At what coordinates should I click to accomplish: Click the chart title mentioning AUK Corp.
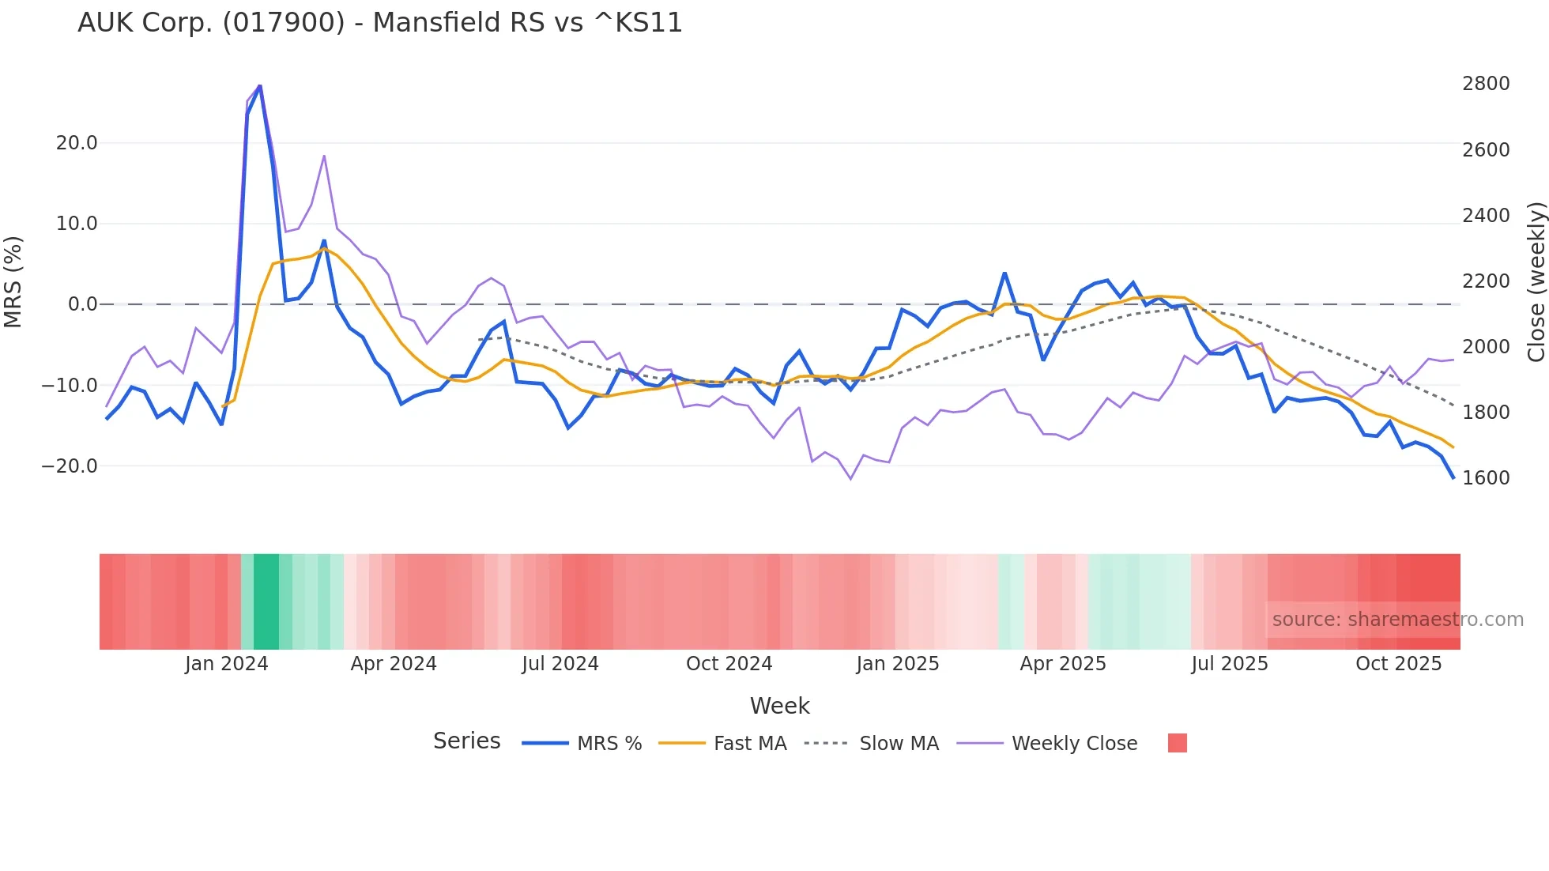click(379, 23)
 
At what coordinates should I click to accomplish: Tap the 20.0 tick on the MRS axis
click(77, 143)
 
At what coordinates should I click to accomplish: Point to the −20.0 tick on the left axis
click(70, 466)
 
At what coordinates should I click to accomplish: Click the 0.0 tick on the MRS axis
click(83, 304)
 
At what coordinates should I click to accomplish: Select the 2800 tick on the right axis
click(1486, 84)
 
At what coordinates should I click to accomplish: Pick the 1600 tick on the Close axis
click(1486, 478)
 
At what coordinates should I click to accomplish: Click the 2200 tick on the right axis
click(1486, 281)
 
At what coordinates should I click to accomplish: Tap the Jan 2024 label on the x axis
click(227, 664)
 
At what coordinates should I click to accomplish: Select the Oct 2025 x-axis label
click(1399, 664)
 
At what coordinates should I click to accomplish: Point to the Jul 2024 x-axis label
click(560, 664)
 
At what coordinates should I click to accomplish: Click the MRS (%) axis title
click(13, 281)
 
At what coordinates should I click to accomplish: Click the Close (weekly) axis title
click(1536, 281)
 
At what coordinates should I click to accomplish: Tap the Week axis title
click(779, 706)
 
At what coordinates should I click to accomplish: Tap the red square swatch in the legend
click(1177, 743)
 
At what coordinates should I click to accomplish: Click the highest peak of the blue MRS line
click(260, 86)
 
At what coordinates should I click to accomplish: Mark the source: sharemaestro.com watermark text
click(1397, 620)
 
